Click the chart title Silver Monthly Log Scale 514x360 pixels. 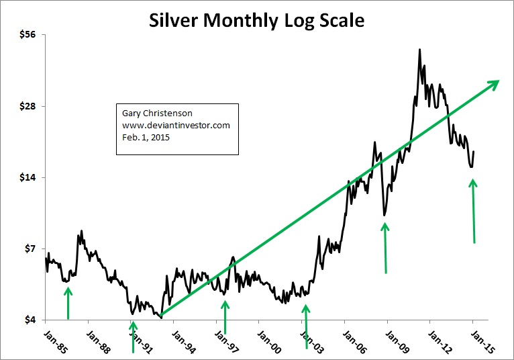tap(256, 20)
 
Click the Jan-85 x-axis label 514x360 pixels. tap(54, 337)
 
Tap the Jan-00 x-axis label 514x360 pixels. tap(268, 337)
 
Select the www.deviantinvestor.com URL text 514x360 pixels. tap(176, 126)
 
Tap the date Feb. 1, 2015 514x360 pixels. tap(146, 138)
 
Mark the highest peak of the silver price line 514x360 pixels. tap(419, 49)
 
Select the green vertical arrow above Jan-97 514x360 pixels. tap(225, 316)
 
